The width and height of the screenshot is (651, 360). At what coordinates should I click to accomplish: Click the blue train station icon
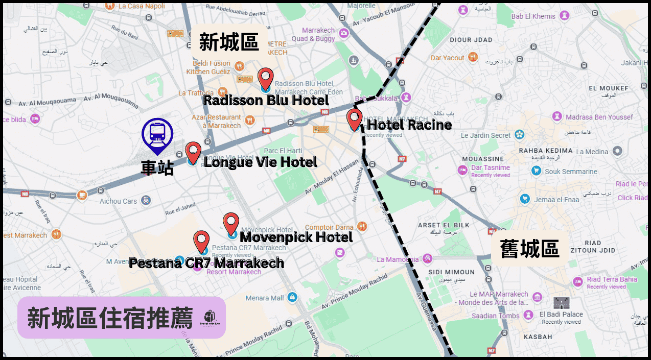point(157,134)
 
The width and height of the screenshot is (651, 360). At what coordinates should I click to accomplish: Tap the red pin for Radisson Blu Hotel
point(265,78)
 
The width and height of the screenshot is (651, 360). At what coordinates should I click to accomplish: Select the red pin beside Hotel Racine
point(354,119)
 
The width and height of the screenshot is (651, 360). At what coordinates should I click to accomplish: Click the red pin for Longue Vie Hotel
point(193,152)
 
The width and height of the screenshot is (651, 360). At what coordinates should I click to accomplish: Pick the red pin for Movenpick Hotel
point(231,223)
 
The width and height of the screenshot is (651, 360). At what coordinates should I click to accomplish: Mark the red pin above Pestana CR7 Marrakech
point(201,241)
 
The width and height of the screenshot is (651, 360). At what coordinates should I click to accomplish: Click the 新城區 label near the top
point(228,43)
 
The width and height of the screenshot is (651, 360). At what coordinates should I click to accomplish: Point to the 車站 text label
point(157,167)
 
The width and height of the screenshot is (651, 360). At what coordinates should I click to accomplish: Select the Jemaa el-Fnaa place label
point(556,200)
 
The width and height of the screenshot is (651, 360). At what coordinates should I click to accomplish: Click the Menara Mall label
point(265,298)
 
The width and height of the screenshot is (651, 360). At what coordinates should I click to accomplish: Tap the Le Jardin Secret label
point(485,135)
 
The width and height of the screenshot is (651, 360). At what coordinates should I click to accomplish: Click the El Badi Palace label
point(561,314)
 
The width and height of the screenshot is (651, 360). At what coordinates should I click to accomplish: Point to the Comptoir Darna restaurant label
point(329,227)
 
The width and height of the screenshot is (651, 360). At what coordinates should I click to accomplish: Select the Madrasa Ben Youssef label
point(599,117)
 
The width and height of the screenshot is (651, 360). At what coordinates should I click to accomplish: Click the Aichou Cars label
point(118,201)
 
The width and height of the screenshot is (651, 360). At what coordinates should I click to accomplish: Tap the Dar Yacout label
point(447,58)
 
